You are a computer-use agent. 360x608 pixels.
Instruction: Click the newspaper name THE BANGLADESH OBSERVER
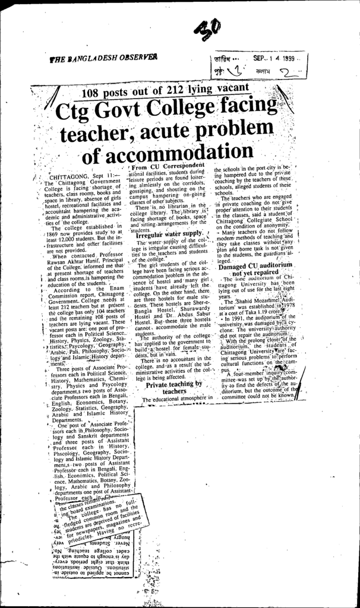104,59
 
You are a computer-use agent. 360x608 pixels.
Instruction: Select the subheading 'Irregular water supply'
168,235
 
